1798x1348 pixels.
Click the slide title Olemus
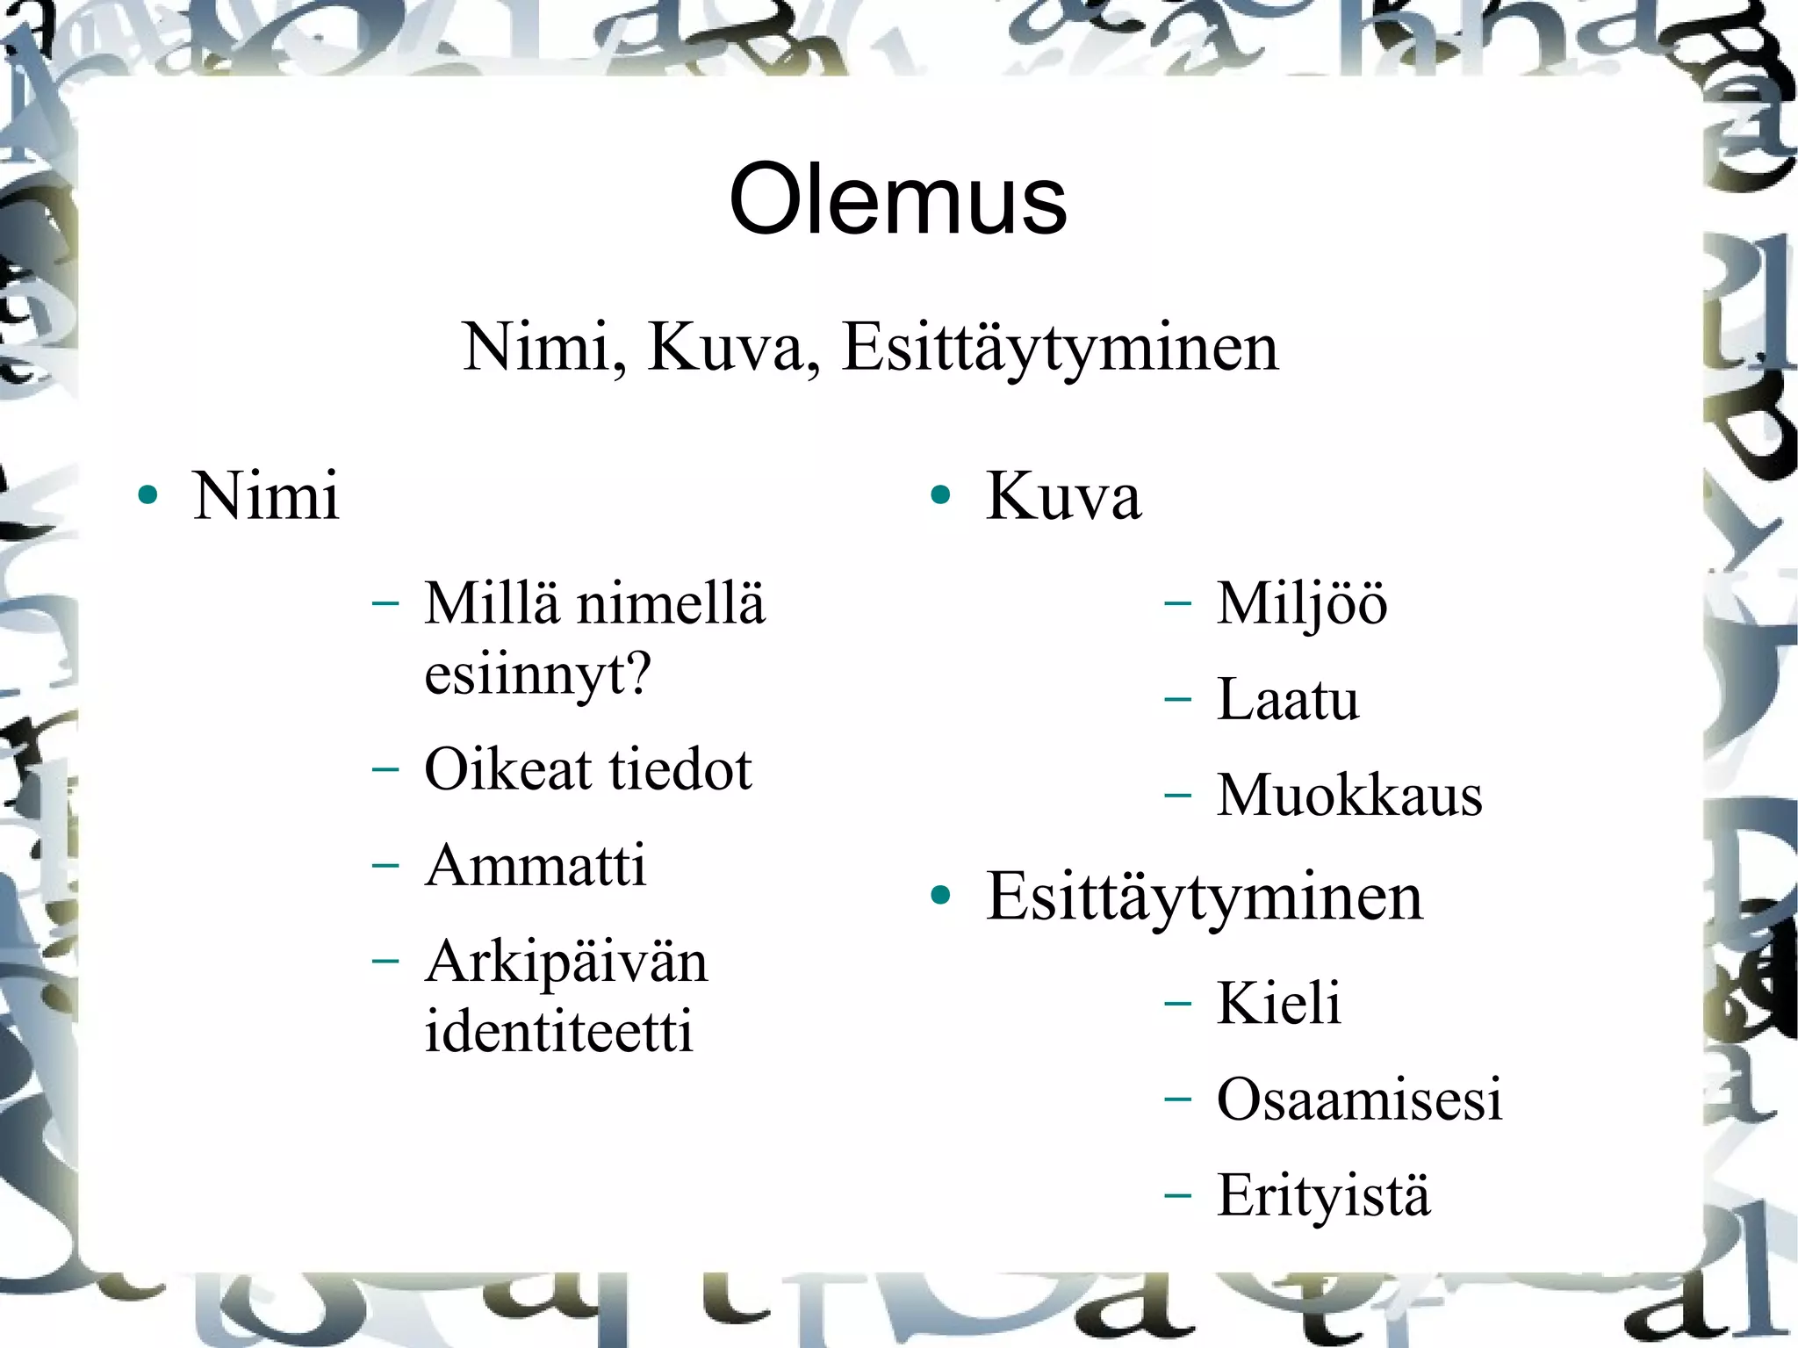click(x=897, y=200)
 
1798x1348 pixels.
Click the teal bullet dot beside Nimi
click(x=147, y=495)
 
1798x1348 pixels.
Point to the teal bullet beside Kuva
click(x=940, y=495)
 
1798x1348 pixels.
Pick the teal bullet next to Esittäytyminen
click(x=940, y=896)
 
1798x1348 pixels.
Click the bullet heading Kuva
click(x=1063, y=496)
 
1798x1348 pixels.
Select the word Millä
click(x=491, y=603)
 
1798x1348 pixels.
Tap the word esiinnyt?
click(x=537, y=674)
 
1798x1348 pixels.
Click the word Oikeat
click(x=507, y=769)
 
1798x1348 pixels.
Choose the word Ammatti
click(x=535, y=865)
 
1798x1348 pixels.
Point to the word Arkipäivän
click(x=565, y=962)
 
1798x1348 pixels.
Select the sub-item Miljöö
click(x=1301, y=604)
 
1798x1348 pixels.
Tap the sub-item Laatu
click(x=1287, y=700)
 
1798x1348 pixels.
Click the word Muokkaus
click(x=1348, y=796)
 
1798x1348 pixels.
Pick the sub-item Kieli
click(x=1278, y=1002)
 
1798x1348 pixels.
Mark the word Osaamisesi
click(x=1359, y=1099)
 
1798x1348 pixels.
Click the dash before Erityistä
click(x=1177, y=1195)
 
